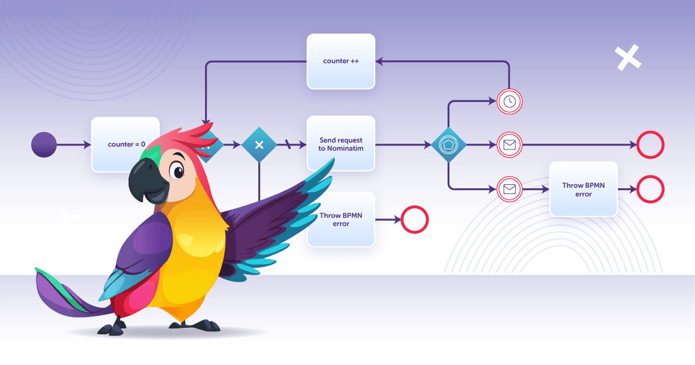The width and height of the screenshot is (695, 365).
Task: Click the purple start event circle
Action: pos(44,145)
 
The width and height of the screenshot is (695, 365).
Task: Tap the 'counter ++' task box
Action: pos(341,61)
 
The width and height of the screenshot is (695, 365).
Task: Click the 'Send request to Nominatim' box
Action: pos(341,144)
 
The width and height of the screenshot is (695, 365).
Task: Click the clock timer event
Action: pos(510,102)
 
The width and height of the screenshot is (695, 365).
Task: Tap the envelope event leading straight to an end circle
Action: pos(510,145)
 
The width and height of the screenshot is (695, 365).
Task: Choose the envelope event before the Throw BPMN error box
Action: pos(510,189)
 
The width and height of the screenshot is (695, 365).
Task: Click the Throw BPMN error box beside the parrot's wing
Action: pos(341,220)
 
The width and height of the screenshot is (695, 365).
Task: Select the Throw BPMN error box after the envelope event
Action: pos(583,189)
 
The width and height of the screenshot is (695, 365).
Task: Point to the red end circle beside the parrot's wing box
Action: pos(415,220)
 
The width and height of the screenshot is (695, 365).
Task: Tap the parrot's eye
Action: pos(177,171)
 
